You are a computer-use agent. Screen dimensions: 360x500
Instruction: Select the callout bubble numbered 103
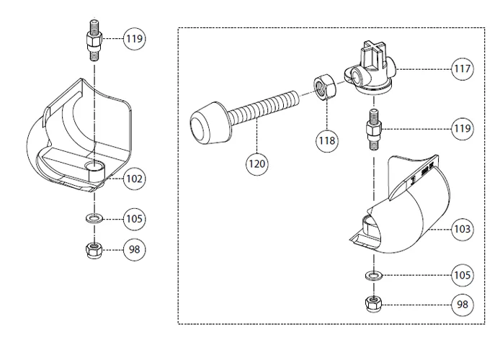[x=463, y=230]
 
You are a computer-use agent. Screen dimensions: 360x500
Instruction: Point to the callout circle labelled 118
[x=327, y=140]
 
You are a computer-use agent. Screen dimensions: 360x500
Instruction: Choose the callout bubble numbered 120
[x=257, y=163]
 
